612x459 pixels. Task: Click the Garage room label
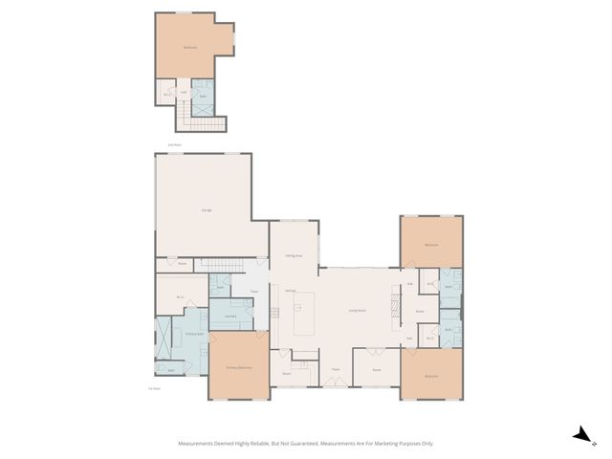pos(207,209)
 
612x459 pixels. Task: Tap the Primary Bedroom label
pos(238,366)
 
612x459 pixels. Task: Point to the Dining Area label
pos(294,256)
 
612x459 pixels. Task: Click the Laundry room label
pos(230,316)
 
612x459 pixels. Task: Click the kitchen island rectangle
pos(304,317)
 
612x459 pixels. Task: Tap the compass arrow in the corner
pos(579,435)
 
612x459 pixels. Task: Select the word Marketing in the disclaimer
pos(386,444)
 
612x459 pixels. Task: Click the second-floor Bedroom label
pos(190,48)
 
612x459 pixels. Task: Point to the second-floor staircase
pos(202,121)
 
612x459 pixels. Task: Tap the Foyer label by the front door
pos(336,369)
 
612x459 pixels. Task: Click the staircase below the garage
pos(222,264)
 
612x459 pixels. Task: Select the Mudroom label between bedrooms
pos(419,311)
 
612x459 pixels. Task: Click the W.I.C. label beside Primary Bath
pos(180,296)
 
